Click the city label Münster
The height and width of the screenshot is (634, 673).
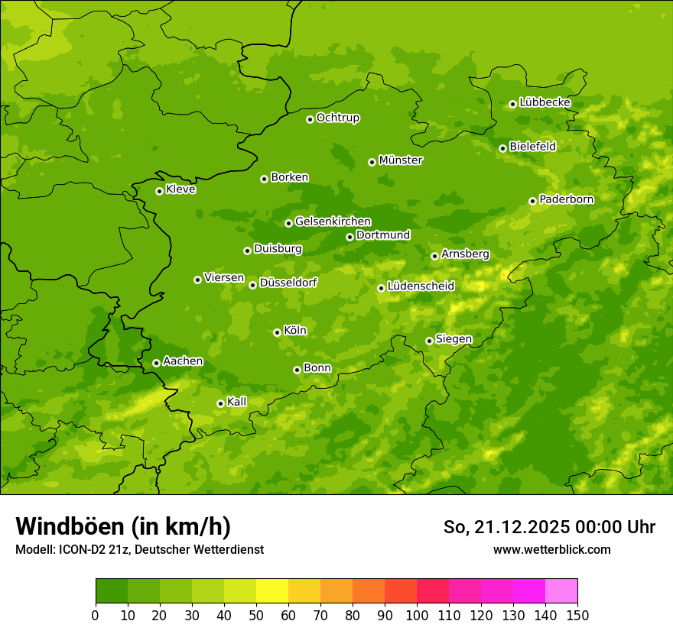(x=401, y=160)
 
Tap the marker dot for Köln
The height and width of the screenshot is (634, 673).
(x=277, y=332)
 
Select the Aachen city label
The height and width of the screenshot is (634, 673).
(x=183, y=361)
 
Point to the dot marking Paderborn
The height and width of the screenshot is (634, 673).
(x=533, y=201)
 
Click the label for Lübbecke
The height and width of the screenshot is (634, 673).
(x=545, y=102)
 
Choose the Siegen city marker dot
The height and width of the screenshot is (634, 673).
(x=429, y=341)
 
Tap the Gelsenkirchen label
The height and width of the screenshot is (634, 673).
(x=333, y=222)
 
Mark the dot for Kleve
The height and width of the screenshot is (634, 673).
(x=159, y=191)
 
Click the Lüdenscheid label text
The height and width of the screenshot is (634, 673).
(x=421, y=286)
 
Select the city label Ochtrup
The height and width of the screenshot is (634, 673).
(x=338, y=118)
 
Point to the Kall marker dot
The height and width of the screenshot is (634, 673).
(x=220, y=403)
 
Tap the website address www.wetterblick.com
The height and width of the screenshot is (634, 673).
(x=551, y=549)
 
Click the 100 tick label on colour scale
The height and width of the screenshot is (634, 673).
(x=417, y=615)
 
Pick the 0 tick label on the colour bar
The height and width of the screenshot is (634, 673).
(x=96, y=615)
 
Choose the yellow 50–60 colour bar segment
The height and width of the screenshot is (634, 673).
(x=272, y=591)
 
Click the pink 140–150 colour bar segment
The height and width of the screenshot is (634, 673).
(x=561, y=591)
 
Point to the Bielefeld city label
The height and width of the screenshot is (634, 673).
(x=532, y=146)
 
